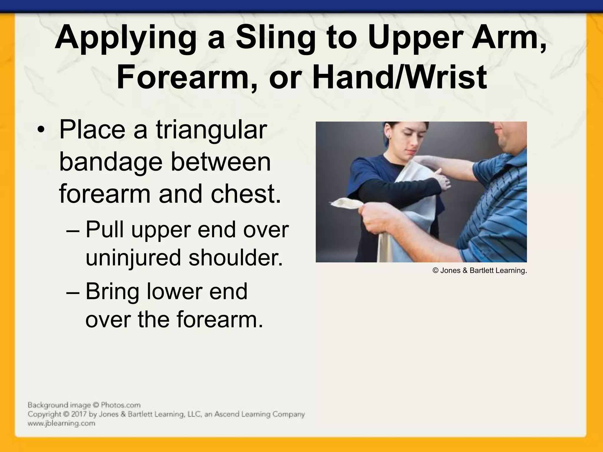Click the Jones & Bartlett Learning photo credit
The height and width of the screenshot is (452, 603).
[x=480, y=270]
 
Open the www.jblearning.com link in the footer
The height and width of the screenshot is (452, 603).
[x=61, y=423]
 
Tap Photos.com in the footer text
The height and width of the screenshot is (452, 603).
[x=120, y=405]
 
